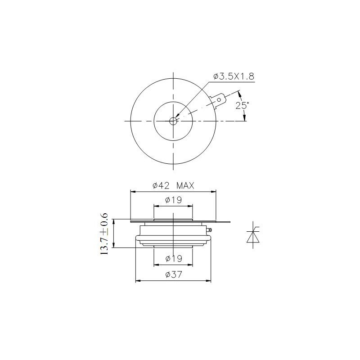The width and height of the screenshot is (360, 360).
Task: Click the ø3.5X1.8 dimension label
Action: pyautogui.click(x=234, y=76)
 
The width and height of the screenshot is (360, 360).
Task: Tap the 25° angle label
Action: pyautogui.click(x=242, y=105)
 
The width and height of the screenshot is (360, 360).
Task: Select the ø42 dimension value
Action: pyautogui.click(x=161, y=185)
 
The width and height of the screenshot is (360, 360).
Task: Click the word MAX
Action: pyautogui.click(x=185, y=185)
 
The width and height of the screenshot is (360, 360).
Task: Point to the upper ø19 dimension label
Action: pyautogui.click(x=174, y=200)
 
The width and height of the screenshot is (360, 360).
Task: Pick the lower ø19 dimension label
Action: pyautogui.click(x=174, y=258)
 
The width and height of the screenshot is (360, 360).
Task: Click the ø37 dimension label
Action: pyautogui.click(x=174, y=274)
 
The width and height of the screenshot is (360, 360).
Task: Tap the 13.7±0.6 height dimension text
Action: pyautogui.click(x=104, y=234)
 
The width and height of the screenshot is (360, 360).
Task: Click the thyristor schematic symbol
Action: pyautogui.click(x=253, y=234)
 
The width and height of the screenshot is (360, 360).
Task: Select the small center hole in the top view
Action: pyautogui.click(x=173, y=121)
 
